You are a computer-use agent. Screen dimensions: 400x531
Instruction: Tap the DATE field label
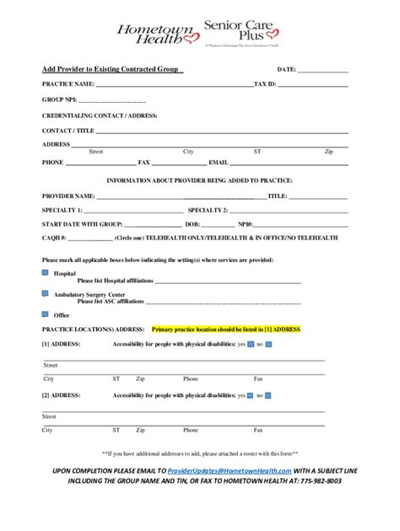tap(286, 69)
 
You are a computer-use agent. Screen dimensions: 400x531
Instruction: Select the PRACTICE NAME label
tap(70, 85)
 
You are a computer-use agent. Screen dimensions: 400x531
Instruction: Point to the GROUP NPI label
tap(60, 100)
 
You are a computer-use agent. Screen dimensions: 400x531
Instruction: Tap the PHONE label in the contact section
tap(53, 161)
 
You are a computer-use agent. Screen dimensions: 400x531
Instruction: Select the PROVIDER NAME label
tap(69, 196)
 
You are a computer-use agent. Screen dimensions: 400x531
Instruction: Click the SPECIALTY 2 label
tap(208, 210)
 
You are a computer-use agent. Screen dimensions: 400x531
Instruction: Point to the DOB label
tap(192, 225)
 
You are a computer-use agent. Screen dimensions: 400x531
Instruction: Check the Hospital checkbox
tap(46, 273)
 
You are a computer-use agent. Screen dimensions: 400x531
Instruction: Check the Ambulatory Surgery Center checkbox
tap(46, 293)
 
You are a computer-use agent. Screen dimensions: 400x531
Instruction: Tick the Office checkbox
tap(46, 313)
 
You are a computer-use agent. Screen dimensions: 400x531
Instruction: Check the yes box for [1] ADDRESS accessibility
tap(251, 345)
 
